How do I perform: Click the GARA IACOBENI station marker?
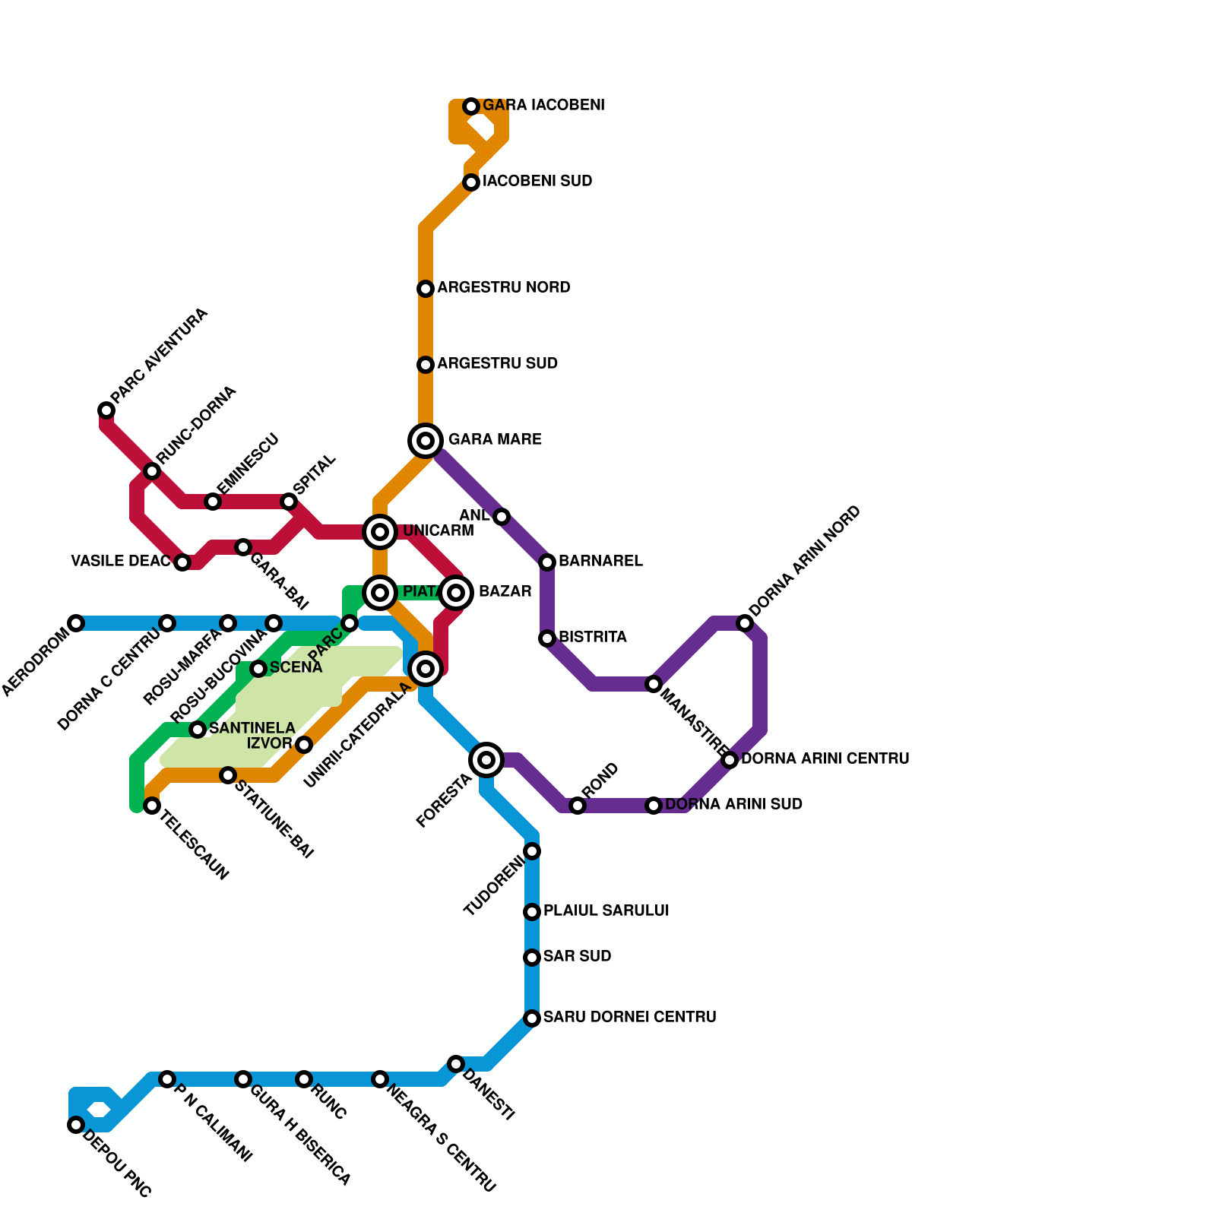(471, 106)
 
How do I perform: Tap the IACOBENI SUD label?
(537, 182)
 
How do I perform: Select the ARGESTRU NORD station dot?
(426, 289)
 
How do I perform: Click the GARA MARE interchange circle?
(426, 441)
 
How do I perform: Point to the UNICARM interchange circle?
(380, 532)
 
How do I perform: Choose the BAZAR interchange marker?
(456, 593)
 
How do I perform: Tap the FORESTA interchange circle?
(486, 759)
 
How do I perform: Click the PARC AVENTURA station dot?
(106, 411)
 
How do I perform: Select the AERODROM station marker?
(76, 623)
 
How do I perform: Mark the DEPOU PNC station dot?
(76, 1125)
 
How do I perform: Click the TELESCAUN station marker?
(152, 806)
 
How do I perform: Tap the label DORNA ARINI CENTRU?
(825, 759)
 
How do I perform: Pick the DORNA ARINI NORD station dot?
(745, 624)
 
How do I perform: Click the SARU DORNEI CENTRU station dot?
(532, 1018)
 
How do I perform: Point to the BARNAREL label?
(600, 562)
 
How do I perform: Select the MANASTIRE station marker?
(654, 684)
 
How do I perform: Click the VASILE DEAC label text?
(120, 562)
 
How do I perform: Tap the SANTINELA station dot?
(198, 730)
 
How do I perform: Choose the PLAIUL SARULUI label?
(606, 911)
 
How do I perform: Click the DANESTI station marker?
(456, 1064)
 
